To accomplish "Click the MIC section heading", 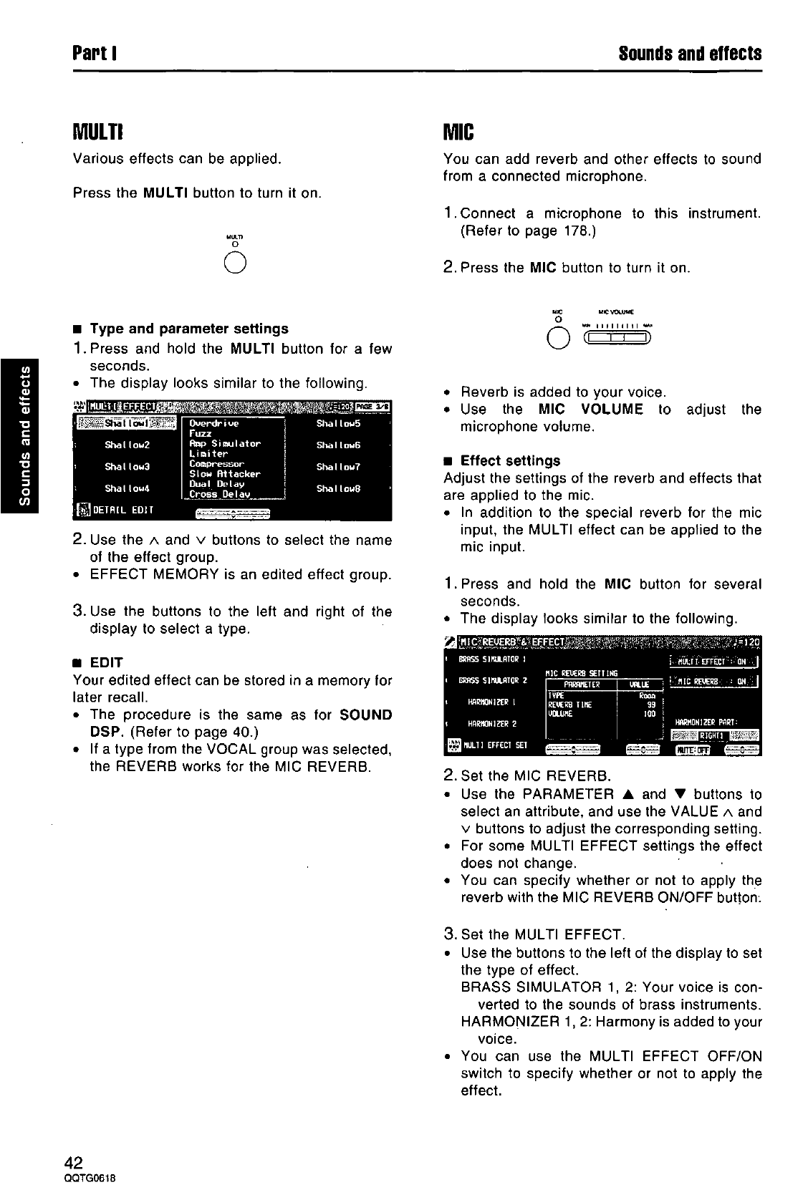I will [460, 132].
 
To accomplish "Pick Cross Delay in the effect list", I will [219, 494].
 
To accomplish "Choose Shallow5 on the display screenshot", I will [338, 423].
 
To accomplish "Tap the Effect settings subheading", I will [510, 460].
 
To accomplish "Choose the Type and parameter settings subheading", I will [189, 329].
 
